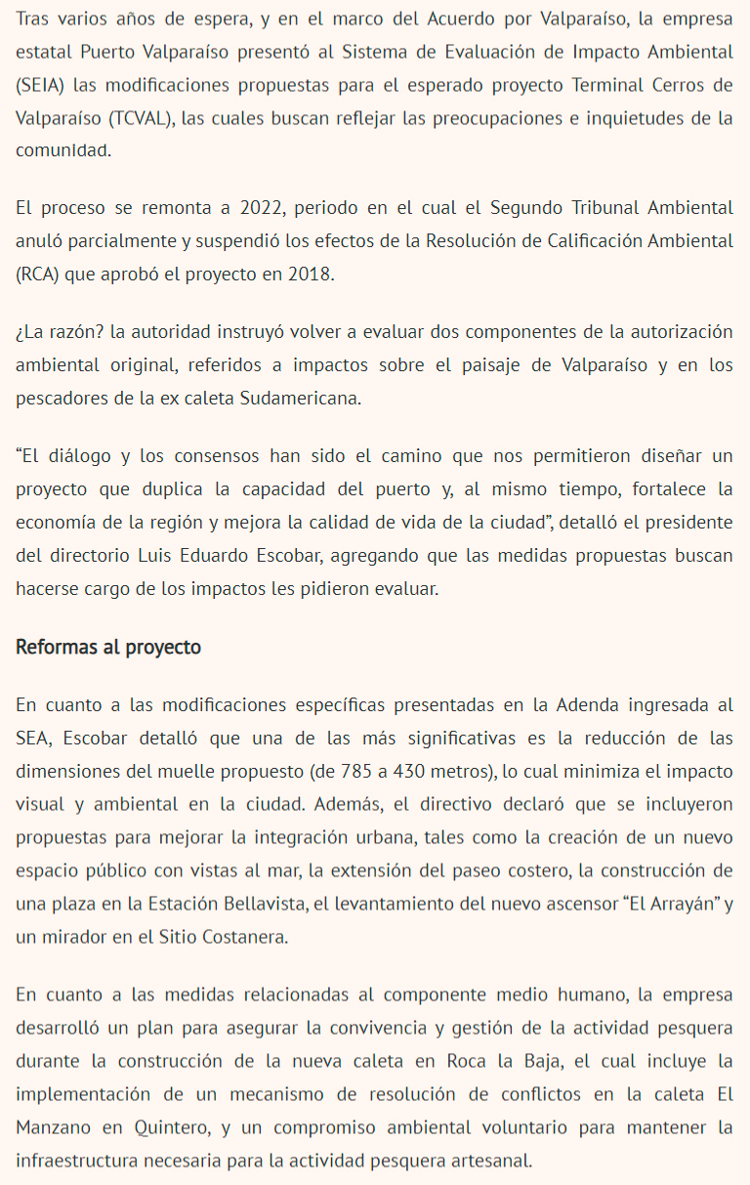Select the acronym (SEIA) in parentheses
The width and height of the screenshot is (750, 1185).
(x=41, y=85)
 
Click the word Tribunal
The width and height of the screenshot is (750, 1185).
(x=566, y=209)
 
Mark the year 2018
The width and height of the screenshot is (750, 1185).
(x=312, y=274)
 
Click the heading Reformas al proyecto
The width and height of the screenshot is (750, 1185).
(x=108, y=647)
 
